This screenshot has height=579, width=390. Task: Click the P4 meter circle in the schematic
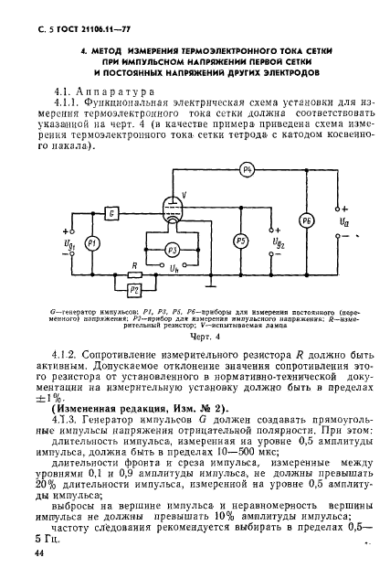(246, 171)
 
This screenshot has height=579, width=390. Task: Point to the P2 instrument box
(134, 289)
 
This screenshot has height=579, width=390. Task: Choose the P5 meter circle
(240, 241)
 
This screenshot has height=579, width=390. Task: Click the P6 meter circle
(308, 221)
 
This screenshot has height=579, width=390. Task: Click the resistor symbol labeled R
(135, 273)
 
